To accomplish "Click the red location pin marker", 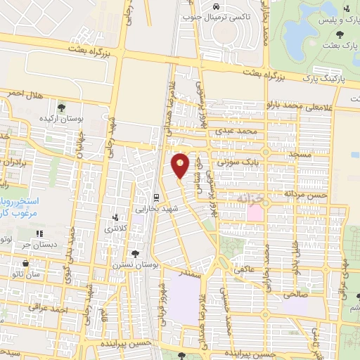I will (x=181, y=165).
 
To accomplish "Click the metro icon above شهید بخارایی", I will (x=155, y=196).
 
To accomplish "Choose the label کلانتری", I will (x=117, y=229).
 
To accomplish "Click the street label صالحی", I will (x=295, y=296).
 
